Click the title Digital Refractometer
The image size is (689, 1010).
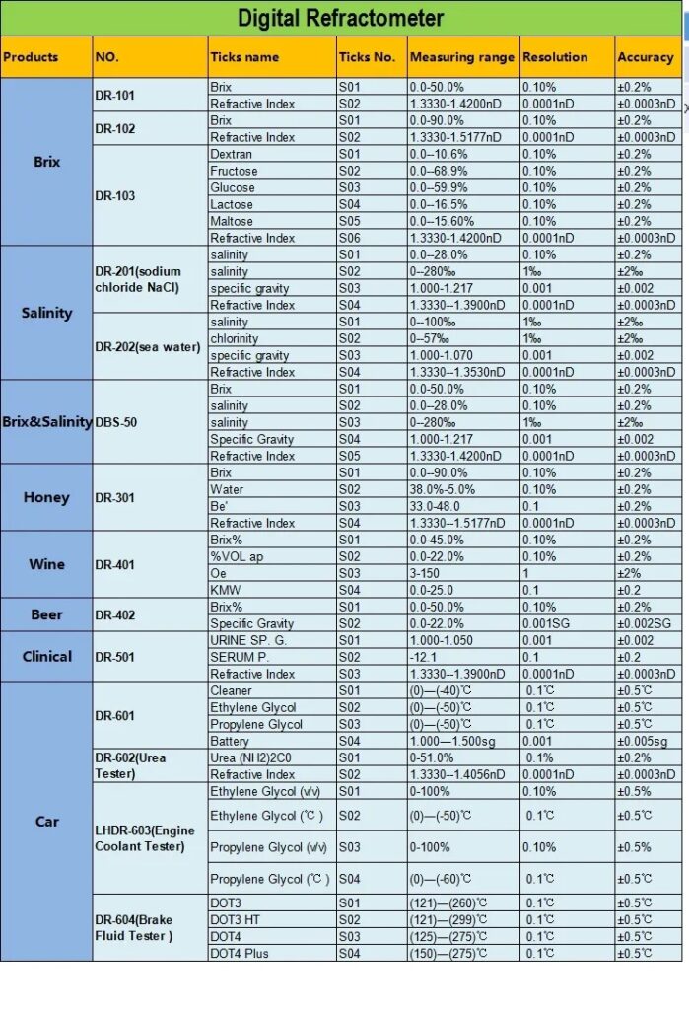(x=341, y=18)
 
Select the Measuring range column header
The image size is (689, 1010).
(x=461, y=57)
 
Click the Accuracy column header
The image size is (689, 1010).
(x=645, y=57)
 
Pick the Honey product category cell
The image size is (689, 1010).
(x=46, y=497)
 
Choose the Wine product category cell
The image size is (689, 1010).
(x=46, y=564)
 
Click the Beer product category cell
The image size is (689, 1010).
(x=46, y=614)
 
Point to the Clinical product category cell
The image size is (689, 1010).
(x=46, y=656)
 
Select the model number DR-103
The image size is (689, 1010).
(x=115, y=195)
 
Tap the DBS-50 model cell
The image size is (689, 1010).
(x=116, y=422)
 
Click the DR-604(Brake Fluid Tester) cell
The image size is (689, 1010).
(x=134, y=928)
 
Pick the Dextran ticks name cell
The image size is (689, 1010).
(x=232, y=154)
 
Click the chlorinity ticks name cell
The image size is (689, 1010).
(x=235, y=338)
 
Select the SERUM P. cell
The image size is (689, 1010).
(x=240, y=657)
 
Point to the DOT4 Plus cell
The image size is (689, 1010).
(x=239, y=953)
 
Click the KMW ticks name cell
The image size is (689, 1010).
(x=226, y=590)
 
